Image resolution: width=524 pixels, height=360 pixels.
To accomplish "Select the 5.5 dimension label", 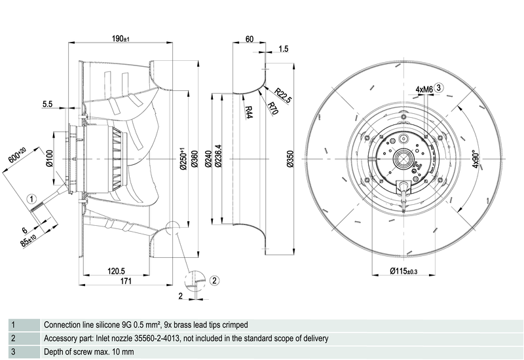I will (48, 104).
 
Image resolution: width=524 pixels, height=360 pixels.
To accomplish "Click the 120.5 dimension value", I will (116, 270).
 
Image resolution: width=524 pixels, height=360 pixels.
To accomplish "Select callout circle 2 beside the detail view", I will (214, 281).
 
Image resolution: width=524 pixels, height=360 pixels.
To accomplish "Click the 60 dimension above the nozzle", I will (249, 39).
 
